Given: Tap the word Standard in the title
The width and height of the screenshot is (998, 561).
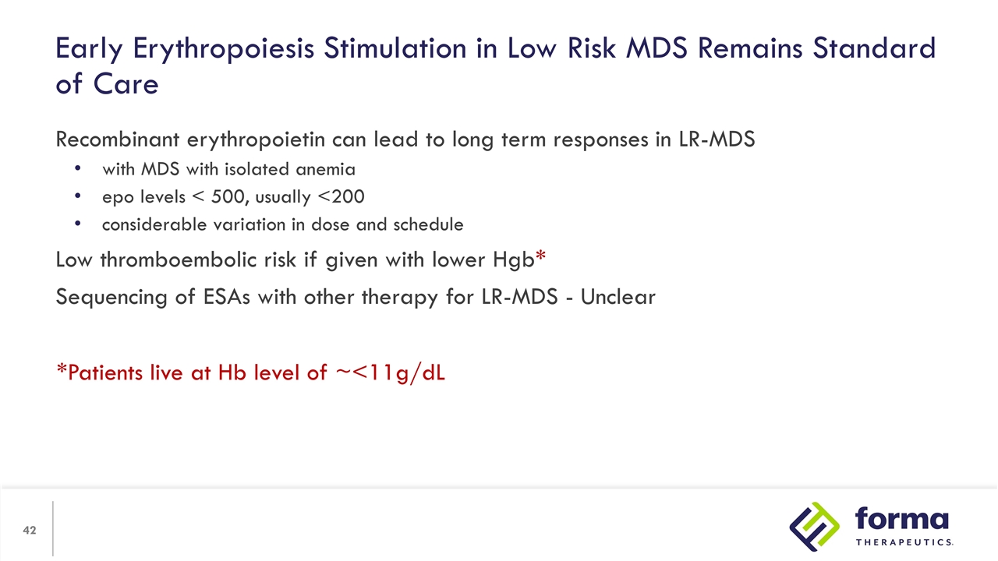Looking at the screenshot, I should (x=874, y=49).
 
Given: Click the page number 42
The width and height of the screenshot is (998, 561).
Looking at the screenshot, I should (x=30, y=531).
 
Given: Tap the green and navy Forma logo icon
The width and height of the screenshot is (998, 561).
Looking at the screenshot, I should (x=815, y=526).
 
